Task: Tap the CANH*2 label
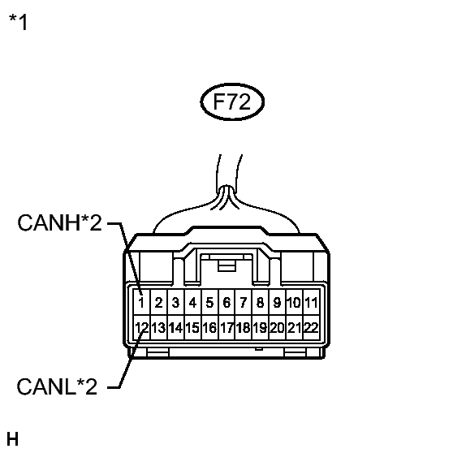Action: pos(60,222)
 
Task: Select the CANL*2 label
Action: pos(57,386)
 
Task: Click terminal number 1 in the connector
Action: pos(141,303)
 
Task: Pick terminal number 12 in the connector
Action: pos(142,328)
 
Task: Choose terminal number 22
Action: pos(311,328)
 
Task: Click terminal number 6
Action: pos(226,303)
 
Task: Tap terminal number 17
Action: pos(226,328)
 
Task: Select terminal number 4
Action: pos(192,303)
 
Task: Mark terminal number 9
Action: pos(277,303)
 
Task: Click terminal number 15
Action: pos(192,328)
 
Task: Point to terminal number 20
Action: pos(277,328)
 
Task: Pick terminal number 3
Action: pos(175,303)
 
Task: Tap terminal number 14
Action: pos(175,328)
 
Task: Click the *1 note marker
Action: pos(18,22)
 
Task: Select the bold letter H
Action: pos(12,439)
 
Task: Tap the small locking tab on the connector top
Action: pos(226,265)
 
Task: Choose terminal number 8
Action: pos(260,303)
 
